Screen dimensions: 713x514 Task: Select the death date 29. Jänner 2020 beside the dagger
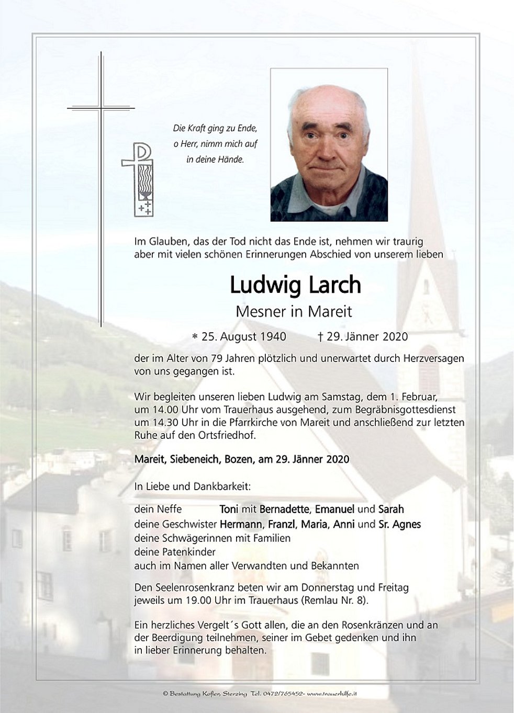coord(367,337)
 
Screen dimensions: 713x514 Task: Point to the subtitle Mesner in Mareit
coord(294,312)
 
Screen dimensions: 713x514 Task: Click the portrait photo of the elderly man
coord(329,145)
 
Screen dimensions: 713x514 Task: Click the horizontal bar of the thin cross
coord(101,108)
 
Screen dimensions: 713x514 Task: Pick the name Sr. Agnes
coord(399,524)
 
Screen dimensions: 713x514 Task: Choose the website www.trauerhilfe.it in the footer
coord(332,694)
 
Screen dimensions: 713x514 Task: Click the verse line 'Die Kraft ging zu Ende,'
coord(215,128)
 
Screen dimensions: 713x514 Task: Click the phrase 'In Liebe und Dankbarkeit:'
coord(193,486)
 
